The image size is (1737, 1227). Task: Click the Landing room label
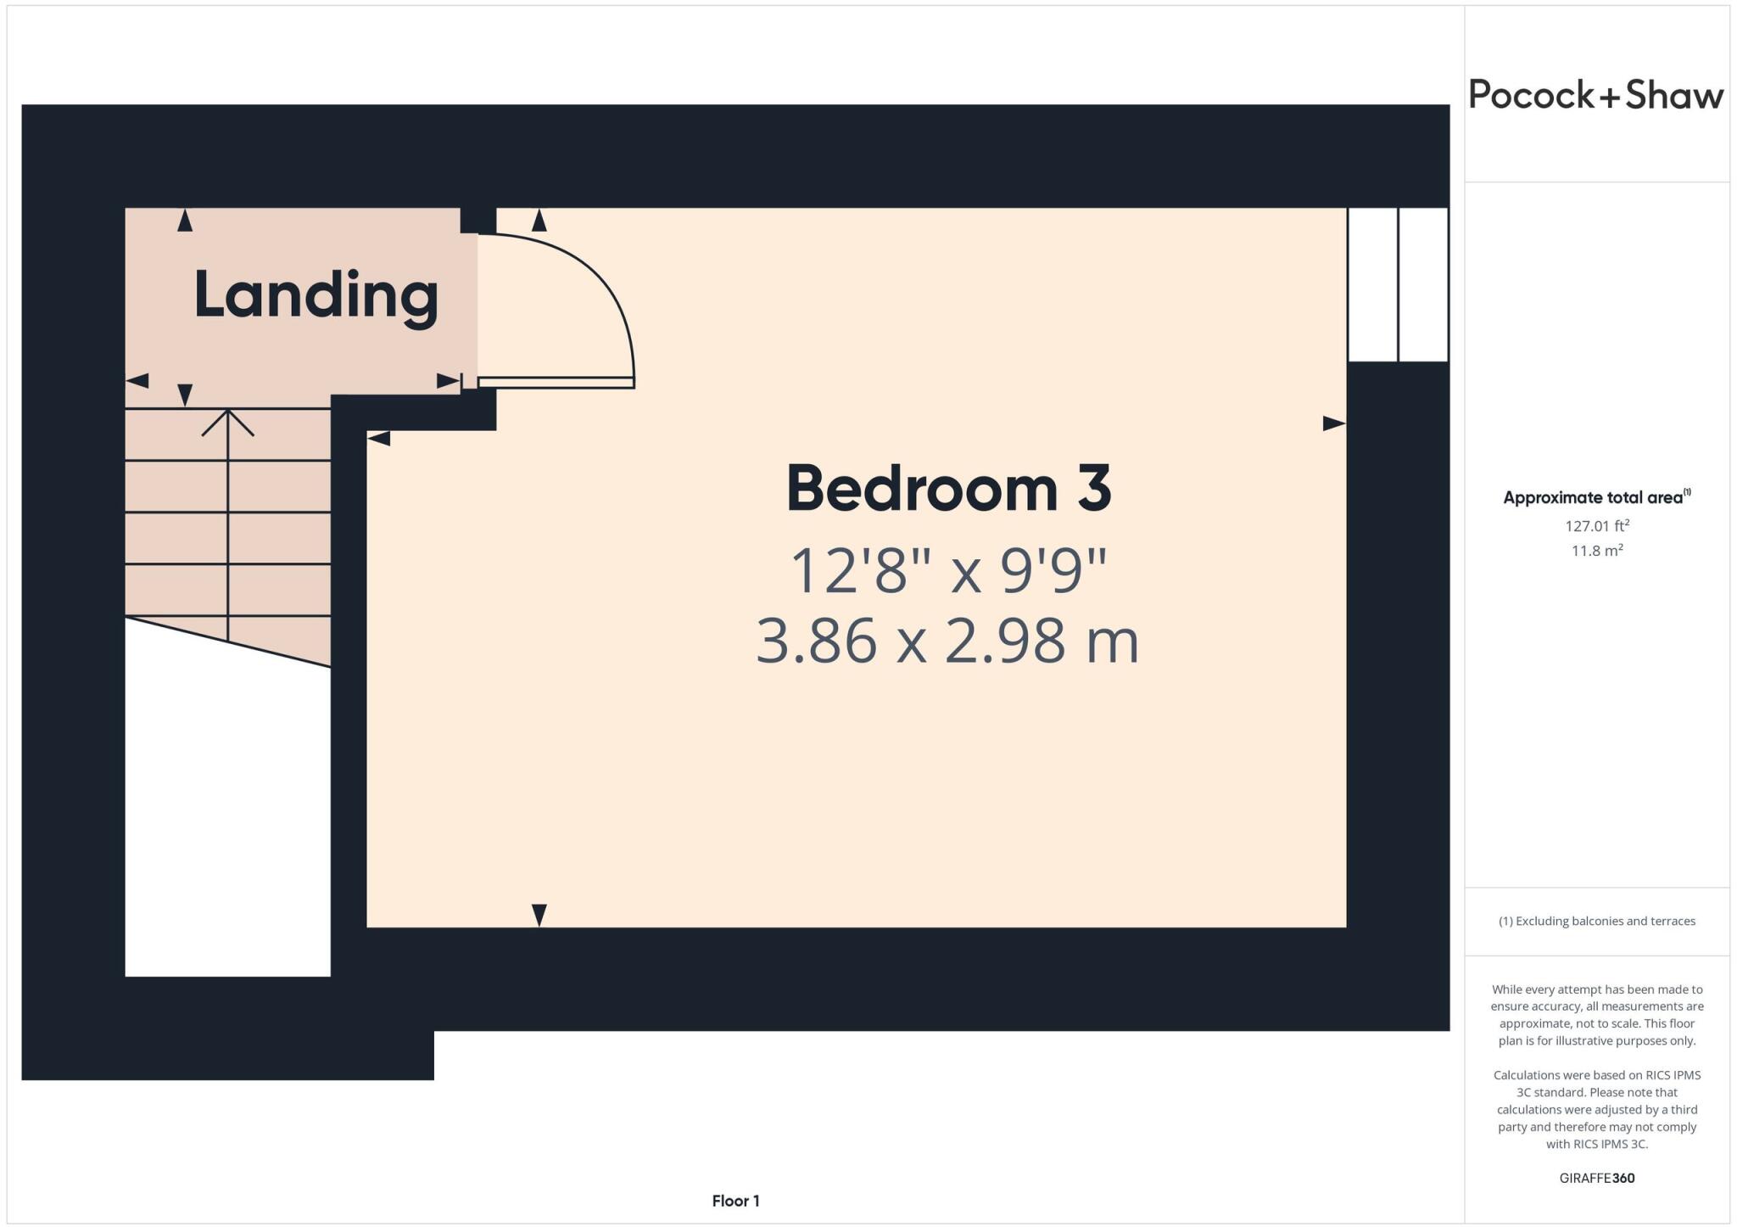pos(316,295)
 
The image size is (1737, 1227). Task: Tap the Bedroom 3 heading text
pos(948,489)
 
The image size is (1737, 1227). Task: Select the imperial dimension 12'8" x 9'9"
pos(948,570)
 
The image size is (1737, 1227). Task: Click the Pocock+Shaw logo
pos(1595,95)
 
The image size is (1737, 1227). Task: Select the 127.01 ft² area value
pos(1597,526)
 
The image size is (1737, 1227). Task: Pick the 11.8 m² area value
pos(1597,551)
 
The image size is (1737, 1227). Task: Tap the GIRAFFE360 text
pos(1596,1178)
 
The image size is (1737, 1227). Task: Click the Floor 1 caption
pos(735,1201)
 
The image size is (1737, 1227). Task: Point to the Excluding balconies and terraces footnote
pos(1596,921)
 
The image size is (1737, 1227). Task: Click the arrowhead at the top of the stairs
pos(227,421)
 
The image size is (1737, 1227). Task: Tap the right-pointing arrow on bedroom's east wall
pos(1334,423)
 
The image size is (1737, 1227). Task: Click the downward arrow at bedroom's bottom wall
pos(539,916)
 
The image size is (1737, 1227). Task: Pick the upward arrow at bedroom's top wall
pos(539,221)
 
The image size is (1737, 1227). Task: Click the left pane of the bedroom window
pos(1372,284)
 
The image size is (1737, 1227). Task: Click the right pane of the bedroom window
pos(1422,284)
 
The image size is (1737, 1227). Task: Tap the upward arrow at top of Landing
pos(185,221)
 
